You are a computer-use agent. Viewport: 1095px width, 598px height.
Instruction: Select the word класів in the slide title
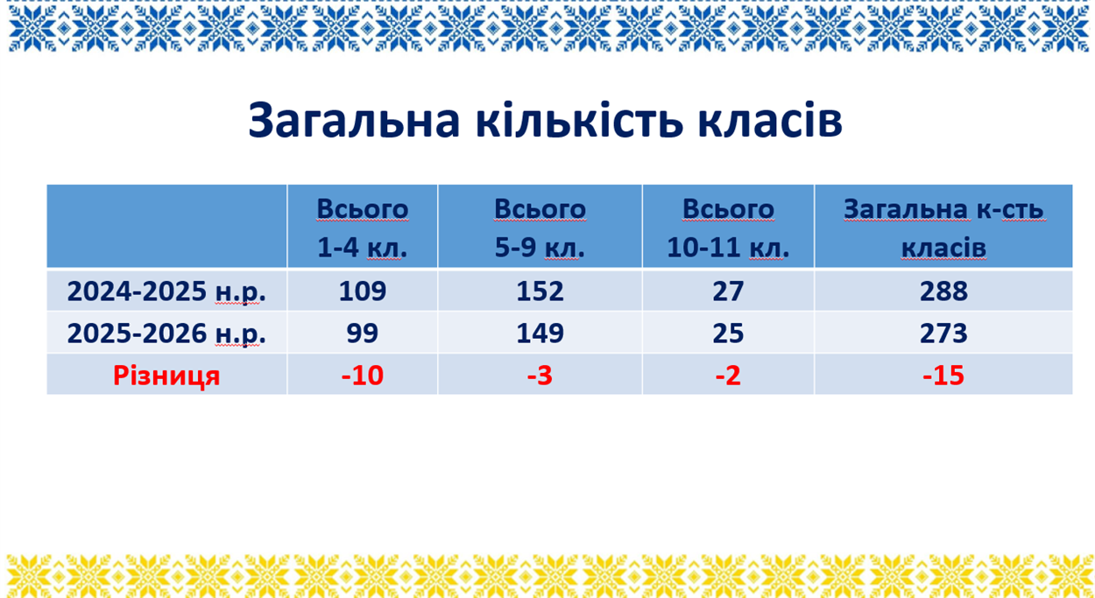pos(770,120)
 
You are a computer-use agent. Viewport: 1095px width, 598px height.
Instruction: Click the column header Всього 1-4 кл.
pos(363,228)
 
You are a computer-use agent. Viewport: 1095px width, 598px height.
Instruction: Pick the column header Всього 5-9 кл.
pos(540,228)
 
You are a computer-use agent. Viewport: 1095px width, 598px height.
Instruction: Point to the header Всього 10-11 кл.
pos(728,228)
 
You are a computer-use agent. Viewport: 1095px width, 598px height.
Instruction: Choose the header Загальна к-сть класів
pos(943,228)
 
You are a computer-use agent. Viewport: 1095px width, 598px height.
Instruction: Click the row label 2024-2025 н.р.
pos(166,292)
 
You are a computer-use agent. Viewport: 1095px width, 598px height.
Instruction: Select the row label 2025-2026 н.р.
pos(166,334)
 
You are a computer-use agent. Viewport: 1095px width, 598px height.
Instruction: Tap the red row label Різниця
pos(166,376)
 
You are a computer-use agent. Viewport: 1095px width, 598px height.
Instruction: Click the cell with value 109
pos(363,292)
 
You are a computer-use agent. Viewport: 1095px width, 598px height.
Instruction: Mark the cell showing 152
pos(540,292)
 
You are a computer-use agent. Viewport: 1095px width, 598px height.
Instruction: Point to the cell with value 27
pos(728,292)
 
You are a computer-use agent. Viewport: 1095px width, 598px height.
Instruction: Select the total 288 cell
pos(943,292)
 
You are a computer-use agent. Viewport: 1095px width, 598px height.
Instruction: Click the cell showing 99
pos(363,334)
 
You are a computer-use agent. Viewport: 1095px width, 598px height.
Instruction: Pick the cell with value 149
pos(540,334)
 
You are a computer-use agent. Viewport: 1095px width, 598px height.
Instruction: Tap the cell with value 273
pos(943,334)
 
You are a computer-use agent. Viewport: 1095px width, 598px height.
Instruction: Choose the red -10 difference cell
pos(363,376)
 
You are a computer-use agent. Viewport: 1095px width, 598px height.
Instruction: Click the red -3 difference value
pos(540,376)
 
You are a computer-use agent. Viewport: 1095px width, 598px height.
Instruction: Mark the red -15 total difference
pos(943,376)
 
